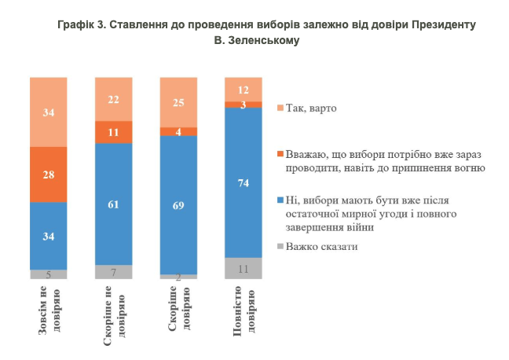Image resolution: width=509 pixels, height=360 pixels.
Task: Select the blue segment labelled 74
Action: point(244,182)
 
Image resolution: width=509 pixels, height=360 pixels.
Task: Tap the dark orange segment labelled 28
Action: point(49,174)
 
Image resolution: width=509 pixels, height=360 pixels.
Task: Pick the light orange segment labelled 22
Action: point(113,99)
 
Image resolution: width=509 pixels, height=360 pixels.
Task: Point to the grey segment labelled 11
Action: point(244,268)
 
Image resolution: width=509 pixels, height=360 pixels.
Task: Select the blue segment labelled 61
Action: point(113,204)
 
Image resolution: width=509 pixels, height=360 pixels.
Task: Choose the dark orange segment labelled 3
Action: point(244,104)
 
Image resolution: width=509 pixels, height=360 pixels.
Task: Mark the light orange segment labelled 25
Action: point(178,103)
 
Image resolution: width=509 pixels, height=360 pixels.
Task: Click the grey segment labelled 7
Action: point(113,271)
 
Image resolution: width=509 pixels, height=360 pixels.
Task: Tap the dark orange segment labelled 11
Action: point(113,132)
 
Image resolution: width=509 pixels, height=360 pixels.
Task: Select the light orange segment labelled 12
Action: point(244,89)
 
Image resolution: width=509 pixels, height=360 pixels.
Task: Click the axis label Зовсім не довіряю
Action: point(49,318)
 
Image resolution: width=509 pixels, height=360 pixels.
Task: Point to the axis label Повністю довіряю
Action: point(244,319)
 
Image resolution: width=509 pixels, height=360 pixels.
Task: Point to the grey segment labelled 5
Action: point(49,274)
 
